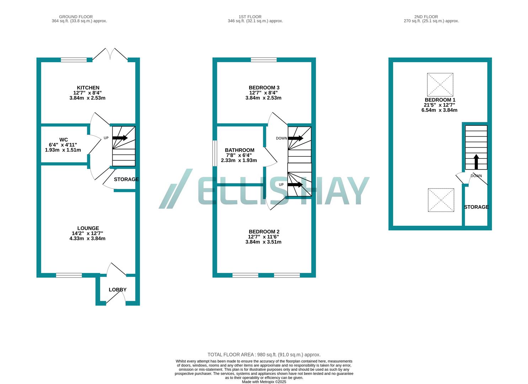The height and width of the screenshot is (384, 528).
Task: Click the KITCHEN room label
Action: click(x=88, y=88)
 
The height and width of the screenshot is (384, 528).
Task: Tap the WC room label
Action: click(x=63, y=140)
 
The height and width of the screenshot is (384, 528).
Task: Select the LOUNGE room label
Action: click(x=88, y=228)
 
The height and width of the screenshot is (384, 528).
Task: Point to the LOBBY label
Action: click(x=118, y=290)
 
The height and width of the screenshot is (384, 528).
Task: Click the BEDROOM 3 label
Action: click(x=264, y=88)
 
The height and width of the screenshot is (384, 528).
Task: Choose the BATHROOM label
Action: click(x=239, y=150)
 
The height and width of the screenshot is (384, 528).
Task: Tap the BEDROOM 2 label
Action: click(x=264, y=232)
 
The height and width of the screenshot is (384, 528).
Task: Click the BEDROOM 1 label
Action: click(x=440, y=100)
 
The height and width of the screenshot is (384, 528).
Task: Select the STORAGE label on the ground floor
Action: click(x=126, y=179)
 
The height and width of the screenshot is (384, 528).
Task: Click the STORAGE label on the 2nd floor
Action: click(x=476, y=207)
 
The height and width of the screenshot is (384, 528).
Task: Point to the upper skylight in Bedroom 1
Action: click(x=440, y=85)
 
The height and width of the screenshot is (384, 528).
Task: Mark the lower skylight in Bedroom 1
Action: click(x=441, y=200)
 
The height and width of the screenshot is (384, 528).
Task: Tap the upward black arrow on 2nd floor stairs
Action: click(x=476, y=162)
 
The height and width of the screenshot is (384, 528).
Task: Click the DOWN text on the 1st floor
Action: click(x=281, y=138)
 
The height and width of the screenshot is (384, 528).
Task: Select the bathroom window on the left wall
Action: click(x=215, y=153)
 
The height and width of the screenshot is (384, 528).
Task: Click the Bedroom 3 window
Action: click(x=263, y=60)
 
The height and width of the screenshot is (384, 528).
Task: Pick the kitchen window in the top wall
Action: click(x=74, y=60)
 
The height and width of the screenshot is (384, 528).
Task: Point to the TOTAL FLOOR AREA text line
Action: click(x=264, y=354)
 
